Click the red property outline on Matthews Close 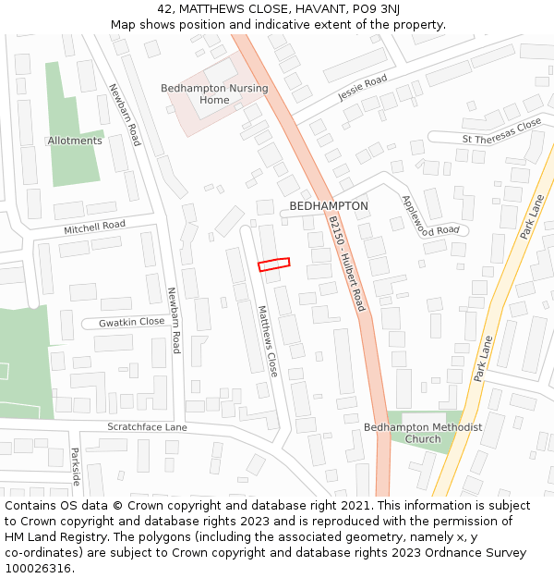coord(273,264)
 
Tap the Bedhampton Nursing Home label coord(214,94)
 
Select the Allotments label coord(75,141)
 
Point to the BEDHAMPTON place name coord(329,206)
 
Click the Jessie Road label coord(362,88)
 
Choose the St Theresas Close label coord(501,132)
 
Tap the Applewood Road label coord(430,215)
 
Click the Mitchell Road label coord(94,226)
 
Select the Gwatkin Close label coord(132,322)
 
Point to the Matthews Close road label coord(267,341)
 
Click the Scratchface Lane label coord(147,427)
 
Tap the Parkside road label coord(75,467)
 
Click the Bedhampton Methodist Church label coord(423,433)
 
